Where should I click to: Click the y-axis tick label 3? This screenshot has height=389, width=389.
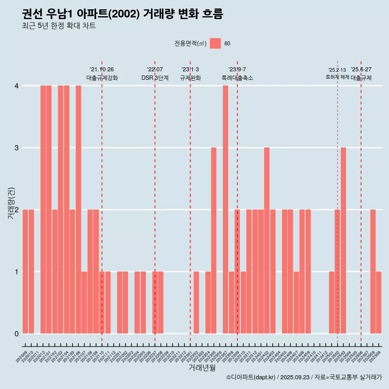pyautogui.click(x=17, y=148)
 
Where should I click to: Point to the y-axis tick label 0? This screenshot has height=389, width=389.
pyautogui.click(x=17, y=334)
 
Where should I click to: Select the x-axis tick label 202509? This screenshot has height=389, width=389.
pyautogui.click(x=375, y=357)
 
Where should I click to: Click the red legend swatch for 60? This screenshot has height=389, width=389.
pyautogui.click(x=216, y=43)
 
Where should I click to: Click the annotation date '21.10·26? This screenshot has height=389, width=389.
pyautogui.click(x=102, y=70)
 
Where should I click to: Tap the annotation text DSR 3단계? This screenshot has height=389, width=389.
pyautogui.click(x=155, y=78)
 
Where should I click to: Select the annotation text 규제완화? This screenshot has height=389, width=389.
pyautogui.click(x=190, y=78)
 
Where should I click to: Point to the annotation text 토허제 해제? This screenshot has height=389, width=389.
pyautogui.click(x=337, y=77)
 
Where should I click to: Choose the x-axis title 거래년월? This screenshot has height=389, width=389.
pyautogui.click(x=202, y=368)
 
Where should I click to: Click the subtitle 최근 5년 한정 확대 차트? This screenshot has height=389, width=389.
pyautogui.click(x=59, y=26)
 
